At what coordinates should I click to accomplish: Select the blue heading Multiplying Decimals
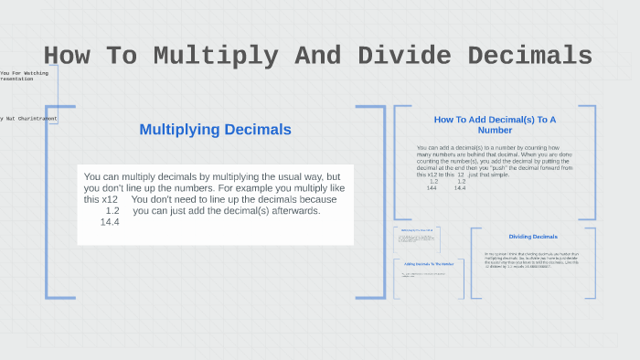[x=215, y=130]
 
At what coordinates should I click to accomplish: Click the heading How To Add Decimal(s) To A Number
[x=495, y=124]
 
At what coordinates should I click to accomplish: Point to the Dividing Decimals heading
[x=533, y=237]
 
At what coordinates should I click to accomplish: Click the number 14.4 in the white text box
[x=111, y=222]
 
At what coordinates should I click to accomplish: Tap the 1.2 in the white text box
[x=112, y=211]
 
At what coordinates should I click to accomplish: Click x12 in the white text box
[x=110, y=199]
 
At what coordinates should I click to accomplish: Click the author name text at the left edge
[x=27, y=118]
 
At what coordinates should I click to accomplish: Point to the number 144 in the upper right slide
[x=432, y=187]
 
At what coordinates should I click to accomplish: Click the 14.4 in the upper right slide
[x=460, y=187]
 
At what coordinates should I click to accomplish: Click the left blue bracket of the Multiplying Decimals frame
[x=48, y=201]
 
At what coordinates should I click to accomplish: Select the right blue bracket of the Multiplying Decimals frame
[x=382, y=201]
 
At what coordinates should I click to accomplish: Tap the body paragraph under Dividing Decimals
[x=532, y=260]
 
